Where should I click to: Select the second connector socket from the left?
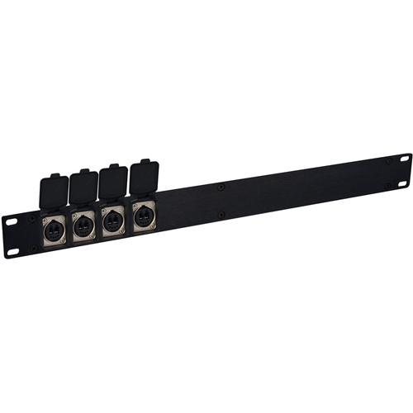pyautogui.click(x=83, y=225)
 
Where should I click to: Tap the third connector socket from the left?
pyautogui.click(x=113, y=220)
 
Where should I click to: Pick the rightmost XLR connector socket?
pyautogui.click(x=143, y=215)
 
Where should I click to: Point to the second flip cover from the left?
pyautogui.click(x=83, y=187)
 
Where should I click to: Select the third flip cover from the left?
pyautogui.click(x=113, y=181)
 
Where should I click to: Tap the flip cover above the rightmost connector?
pyautogui.click(x=144, y=176)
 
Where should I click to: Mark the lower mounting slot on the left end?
pyautogui.click(x=13, y=251)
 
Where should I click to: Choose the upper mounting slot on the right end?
pyautogui.click(x=405, y=157)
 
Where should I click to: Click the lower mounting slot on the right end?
pyautogui.click(x=402, y=183)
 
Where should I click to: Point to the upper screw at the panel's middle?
pyautogui.click(x=221, y=188)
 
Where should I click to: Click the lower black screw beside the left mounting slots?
pyautogui.click(x=33, y=248)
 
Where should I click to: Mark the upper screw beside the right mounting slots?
pyautogui.click(x=388, y=161)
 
